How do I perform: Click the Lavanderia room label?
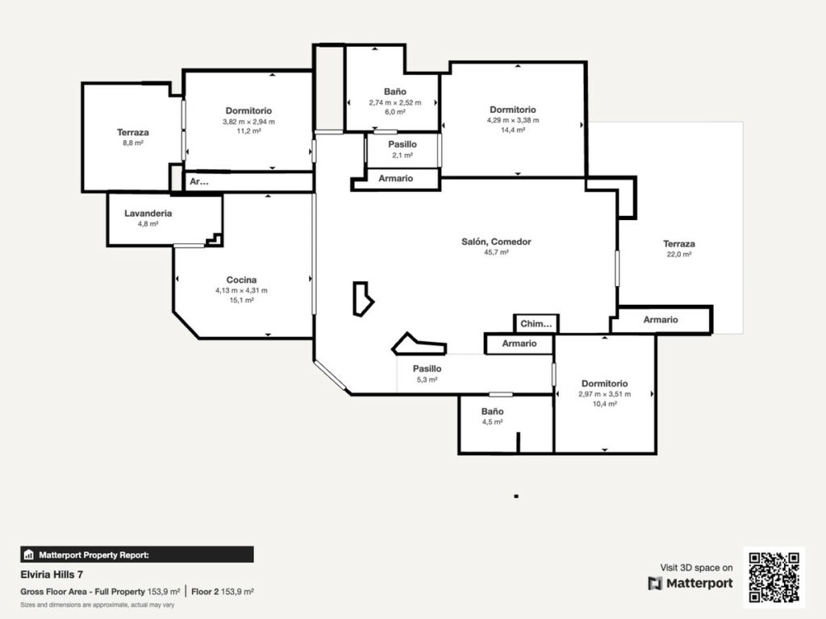point(148,213)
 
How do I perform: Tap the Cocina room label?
point(241,280)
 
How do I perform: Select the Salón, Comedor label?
point(496,242)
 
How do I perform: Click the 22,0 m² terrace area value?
point(679,254)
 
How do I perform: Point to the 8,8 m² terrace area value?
point(133,143)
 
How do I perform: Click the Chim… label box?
point(536,324)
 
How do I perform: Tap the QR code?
point(774,577)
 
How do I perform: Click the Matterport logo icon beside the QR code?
point(655,584)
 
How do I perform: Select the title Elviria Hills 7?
point(52,574)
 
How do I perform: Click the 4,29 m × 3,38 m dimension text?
point(512,120)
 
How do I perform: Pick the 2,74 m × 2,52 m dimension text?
point(395,102)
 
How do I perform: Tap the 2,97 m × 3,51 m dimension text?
point(604,393)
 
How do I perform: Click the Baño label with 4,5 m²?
point(492,412)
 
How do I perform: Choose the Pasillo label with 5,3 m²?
point(428,369)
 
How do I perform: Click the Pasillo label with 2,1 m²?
point(403,144)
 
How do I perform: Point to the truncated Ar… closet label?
point(199,181)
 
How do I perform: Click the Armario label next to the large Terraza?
point(661,319)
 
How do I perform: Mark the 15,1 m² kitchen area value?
point(241,300)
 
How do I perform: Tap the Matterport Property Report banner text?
point(94,555)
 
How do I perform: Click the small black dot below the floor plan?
point(517,496)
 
